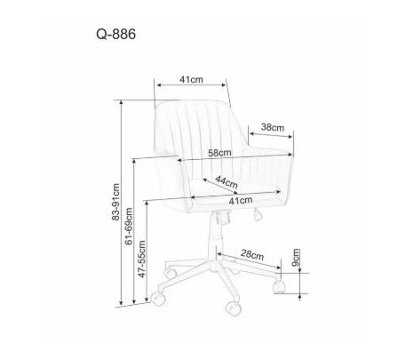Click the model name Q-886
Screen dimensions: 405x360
click(x=115, y=35)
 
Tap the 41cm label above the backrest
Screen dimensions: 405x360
click(x=191, y=79)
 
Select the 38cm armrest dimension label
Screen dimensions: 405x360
click(x=273, y=127)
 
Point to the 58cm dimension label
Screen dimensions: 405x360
click(x=219, y=153)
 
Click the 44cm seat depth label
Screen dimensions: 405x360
click(x=226, y=182)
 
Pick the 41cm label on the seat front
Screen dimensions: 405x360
click(x=241, y=201)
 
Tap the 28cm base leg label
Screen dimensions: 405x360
click(x=252, y=254)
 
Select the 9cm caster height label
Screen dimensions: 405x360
click(x=296, y=258)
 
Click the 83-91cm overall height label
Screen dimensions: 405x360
click(x=115, y=202)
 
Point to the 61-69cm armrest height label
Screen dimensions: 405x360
click(x=129, y=227)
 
